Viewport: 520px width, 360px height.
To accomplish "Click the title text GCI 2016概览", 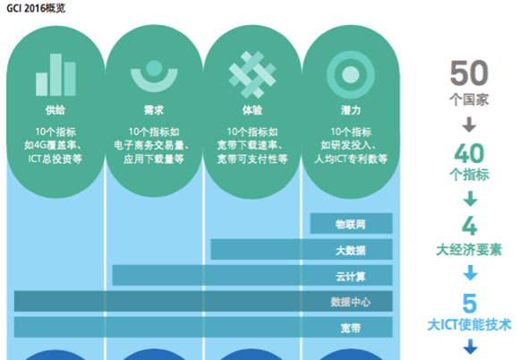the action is (x=36, y=8).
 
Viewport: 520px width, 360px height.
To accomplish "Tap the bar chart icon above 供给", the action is (x=55, y=74).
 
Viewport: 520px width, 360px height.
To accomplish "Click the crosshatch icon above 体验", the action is (x=252, y=74).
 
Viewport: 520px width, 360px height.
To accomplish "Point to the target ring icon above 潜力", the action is (x=351, y=74).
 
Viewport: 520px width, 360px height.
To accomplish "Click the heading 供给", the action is (x=55, y=110).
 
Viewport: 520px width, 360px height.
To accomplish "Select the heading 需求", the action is (x=154, y=110).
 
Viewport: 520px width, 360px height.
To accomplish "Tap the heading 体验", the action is (x=252, y=110).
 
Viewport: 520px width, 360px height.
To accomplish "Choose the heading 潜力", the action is (x=351, y=110).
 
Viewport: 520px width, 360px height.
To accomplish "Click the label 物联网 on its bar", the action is (x=351, y=224).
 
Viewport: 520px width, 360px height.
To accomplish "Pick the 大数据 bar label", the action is (x=351, y=250).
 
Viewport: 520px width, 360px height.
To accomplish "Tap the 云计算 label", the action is (x=351, y=276).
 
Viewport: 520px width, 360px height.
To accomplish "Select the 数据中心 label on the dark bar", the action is (x=351, y=302).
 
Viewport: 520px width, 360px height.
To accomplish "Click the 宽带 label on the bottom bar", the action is (x=351, y=328).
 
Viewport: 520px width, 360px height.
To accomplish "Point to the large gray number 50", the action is (x=469, y=73).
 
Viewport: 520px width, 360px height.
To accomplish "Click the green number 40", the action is (x=469, y=153).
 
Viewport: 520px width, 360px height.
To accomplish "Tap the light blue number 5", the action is (x=470, y=304).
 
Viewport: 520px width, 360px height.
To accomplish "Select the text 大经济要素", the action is (x=469, y=250).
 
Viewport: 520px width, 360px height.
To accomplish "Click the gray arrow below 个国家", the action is (x=469, y=124).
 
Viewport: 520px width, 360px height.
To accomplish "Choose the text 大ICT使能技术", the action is (x=469, y=324).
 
